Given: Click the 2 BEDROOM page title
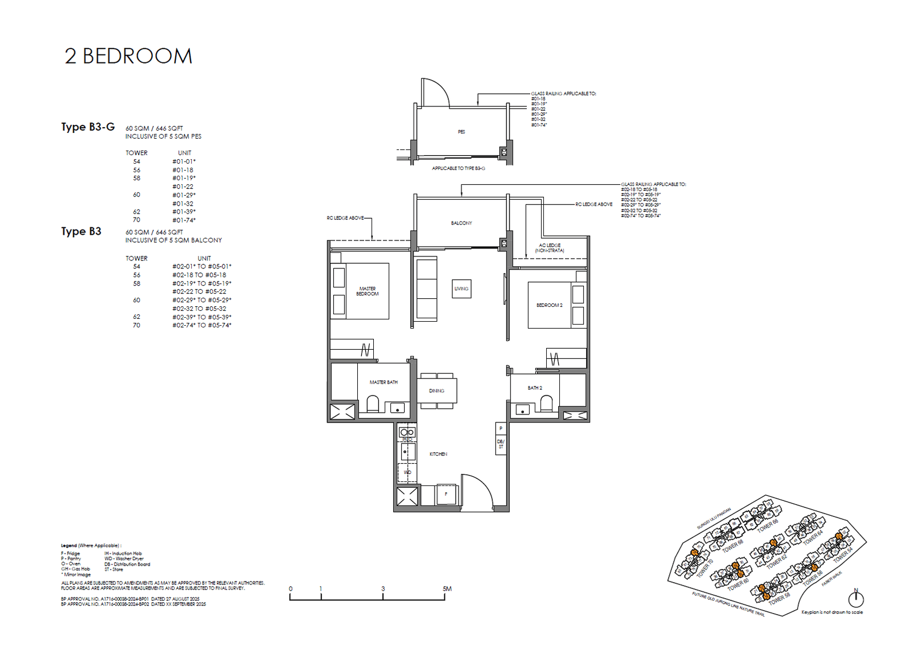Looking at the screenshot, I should pos(128,56).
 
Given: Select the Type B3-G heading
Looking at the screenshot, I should pos(88,127).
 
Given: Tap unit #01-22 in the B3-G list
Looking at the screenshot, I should pos(183,187).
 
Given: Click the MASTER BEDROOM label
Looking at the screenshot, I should pos(367,291).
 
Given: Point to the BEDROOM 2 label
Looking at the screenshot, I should pos(549,305).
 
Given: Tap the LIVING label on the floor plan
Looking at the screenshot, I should pos(461,289).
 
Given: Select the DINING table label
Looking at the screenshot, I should pos(437,391).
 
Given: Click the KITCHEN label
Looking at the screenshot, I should pos(438,454).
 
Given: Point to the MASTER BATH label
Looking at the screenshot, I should pos(384,382).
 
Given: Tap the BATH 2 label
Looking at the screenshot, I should pos(535,388).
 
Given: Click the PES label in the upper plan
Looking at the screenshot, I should pos(461,132).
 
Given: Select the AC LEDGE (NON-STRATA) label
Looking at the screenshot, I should pos(550,248).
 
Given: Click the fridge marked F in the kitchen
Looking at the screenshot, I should pos(446,494).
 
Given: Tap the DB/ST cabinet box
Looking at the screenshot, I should pos(501,444).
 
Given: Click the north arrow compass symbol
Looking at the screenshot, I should pos(856,599).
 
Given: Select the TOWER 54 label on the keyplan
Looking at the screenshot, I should pos(843,554).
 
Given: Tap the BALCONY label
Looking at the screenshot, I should pos(461,223).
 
